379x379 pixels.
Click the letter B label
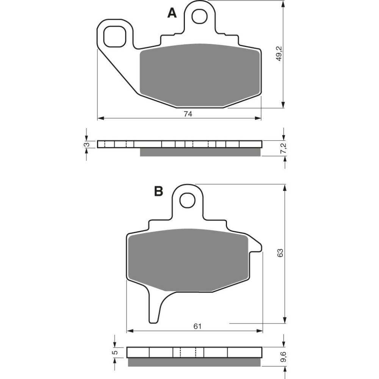158,191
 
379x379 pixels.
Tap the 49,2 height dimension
279,54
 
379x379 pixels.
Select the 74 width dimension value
188,114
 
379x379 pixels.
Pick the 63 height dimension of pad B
280,253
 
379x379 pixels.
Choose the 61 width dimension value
197,326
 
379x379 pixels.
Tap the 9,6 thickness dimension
283,357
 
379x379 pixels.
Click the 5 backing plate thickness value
116,352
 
